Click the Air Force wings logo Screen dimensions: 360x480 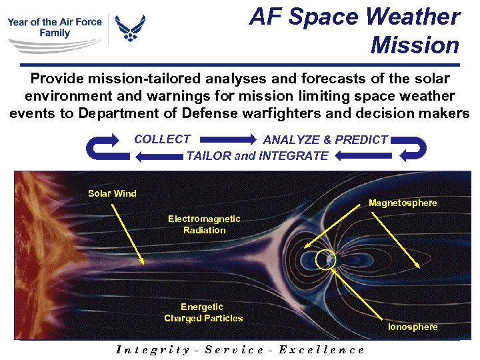(130, 29)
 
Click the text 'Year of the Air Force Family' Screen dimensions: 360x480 (55, 27)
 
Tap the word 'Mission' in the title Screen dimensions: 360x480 (415, 45)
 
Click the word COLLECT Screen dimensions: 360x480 (162, 139)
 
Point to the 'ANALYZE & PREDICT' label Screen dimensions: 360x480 (325, 140)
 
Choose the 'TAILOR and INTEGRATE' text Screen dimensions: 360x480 (257, 156)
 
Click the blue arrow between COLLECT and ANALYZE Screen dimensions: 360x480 (227, 140)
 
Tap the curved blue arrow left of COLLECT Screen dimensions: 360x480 (108, 148)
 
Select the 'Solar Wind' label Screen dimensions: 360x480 (112, 193)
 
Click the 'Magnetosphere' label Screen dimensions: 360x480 (403, 203)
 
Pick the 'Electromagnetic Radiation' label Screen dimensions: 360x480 (204, 224)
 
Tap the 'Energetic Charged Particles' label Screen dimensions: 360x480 (203, 313)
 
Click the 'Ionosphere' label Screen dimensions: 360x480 (413, 327)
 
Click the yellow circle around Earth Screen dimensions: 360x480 (326, 259)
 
